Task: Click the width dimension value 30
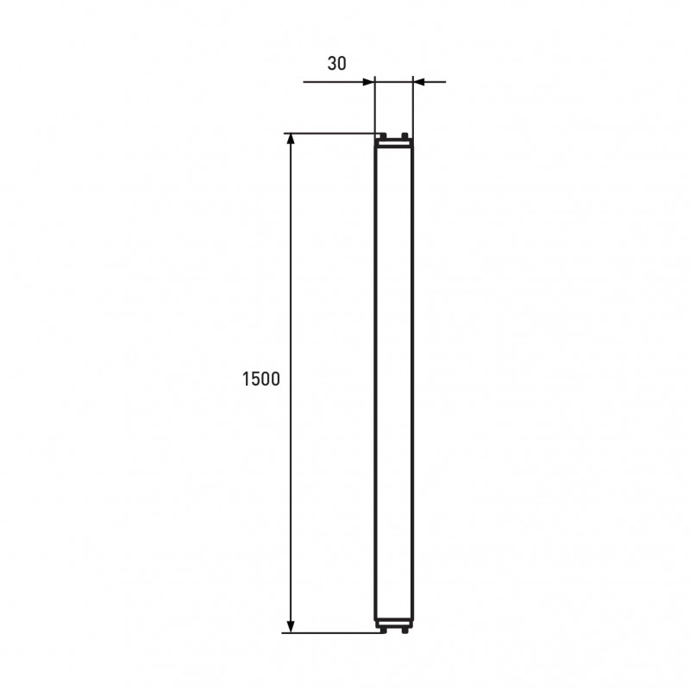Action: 336,64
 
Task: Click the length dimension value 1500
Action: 261,379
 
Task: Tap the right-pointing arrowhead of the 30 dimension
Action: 368,82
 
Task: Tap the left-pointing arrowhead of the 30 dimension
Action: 419,82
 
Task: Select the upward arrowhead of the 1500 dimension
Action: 291,139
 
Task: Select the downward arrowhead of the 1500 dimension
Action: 291,627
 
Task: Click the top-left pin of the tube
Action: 383,135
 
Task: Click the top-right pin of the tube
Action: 405,135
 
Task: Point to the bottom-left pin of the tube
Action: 383,630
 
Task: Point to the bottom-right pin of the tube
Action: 405,630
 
